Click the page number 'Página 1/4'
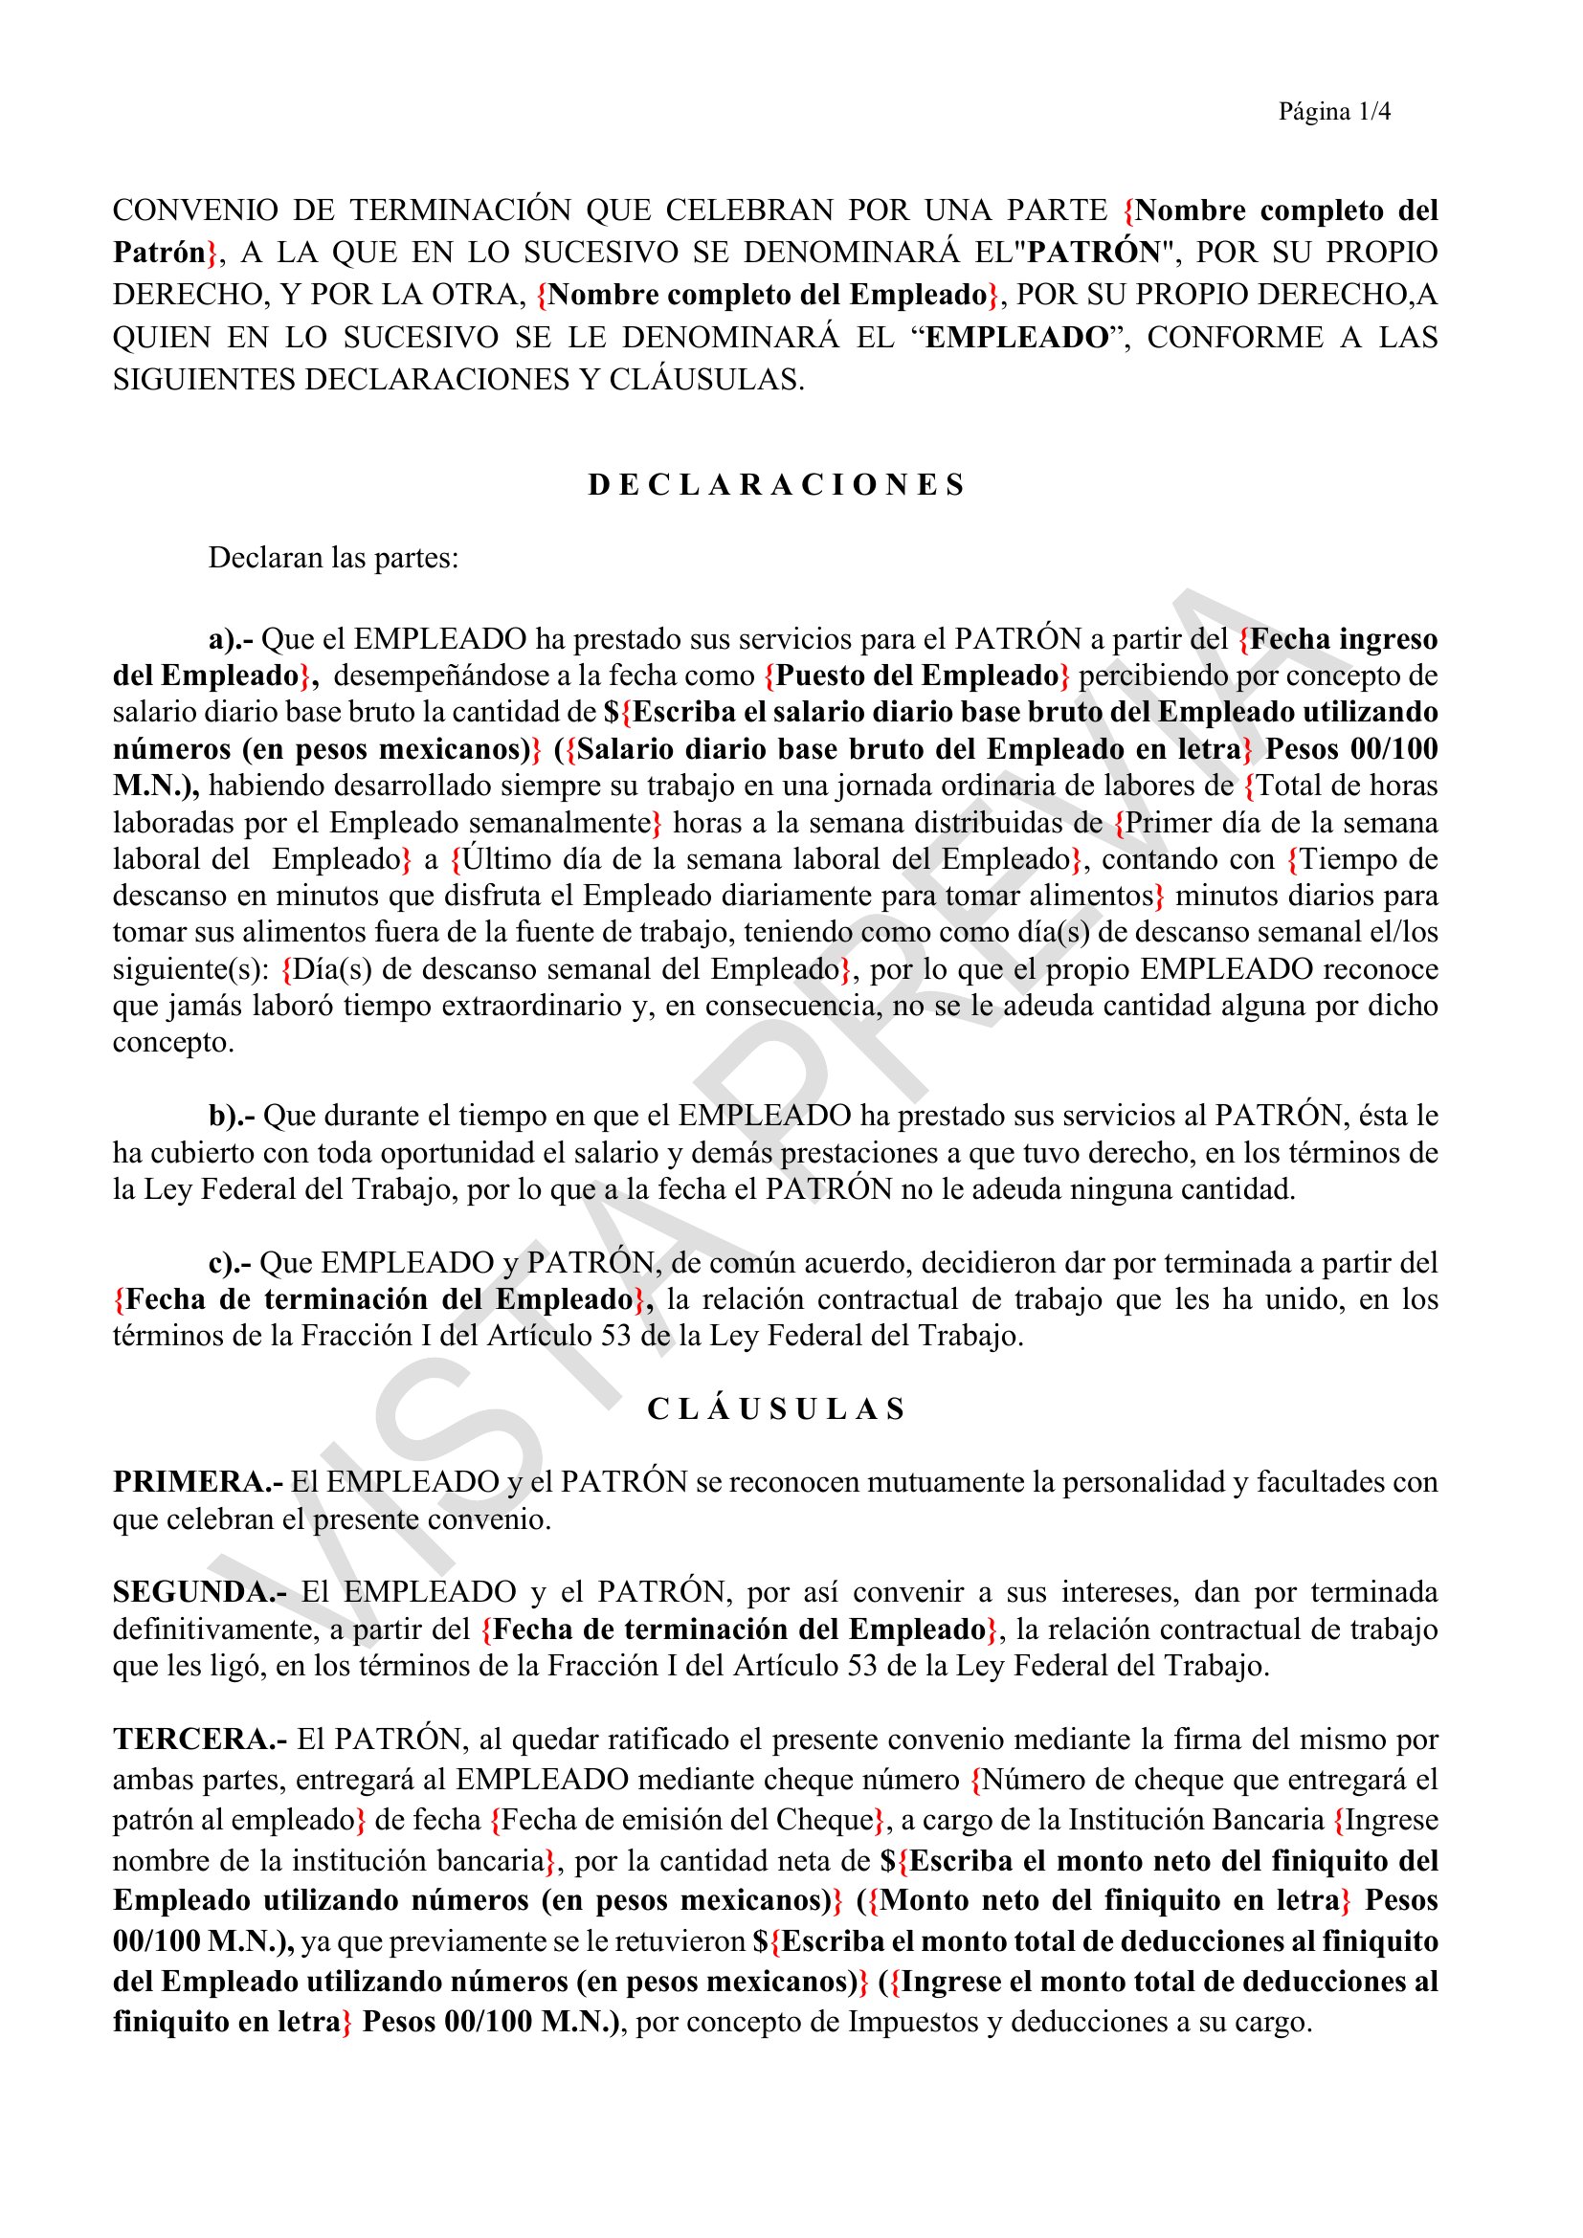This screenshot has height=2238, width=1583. pos(1333,112)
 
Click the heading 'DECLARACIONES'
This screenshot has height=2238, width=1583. pos(776,484)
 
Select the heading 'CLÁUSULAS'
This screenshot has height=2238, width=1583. pos(776,1409)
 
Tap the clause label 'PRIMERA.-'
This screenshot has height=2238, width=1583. pos(198,1481)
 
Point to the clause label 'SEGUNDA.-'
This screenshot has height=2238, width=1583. pos(199,1592)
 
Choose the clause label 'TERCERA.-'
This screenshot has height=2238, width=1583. pos(200,1739)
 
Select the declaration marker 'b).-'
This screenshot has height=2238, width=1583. pos(231,1115)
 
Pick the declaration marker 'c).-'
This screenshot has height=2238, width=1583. pos(229,1262)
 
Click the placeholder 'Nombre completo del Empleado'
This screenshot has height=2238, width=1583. pos(769,295)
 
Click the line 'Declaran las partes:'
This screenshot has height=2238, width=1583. pos(333,559)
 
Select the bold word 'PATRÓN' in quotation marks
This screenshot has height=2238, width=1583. pos(1094,253)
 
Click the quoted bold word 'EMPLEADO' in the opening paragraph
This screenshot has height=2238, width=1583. pos(1016,337)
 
